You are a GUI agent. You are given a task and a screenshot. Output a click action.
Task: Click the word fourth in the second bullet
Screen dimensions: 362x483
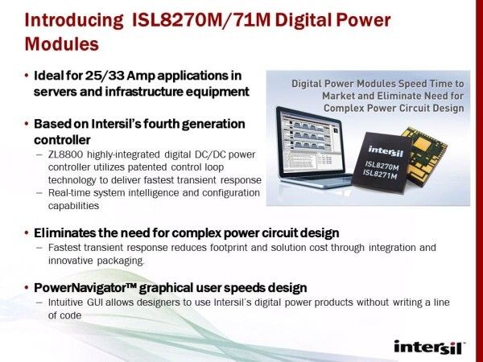(163, 124)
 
